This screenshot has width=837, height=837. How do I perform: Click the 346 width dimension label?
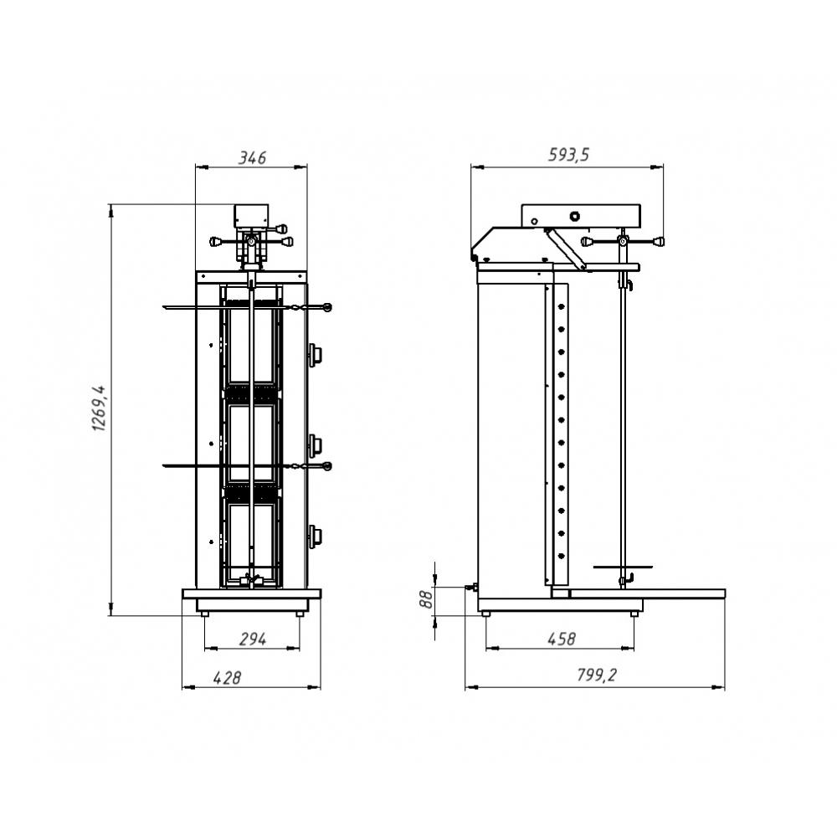click(252, 158)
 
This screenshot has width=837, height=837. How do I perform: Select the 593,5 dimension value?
click(568, 155)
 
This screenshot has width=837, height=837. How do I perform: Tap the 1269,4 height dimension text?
click(100, 408)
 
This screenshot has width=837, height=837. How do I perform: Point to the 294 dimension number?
click(252, 639)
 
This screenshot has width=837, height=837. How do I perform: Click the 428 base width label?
click(227, 678)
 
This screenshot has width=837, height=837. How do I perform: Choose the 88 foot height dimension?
click(426, 599)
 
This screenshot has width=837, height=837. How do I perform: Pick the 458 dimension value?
click(561, 639)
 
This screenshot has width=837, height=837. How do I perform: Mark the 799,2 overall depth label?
click(596, 675)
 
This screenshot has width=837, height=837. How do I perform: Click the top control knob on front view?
click(315, 353)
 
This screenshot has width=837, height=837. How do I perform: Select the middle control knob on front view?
click(315, 444)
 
